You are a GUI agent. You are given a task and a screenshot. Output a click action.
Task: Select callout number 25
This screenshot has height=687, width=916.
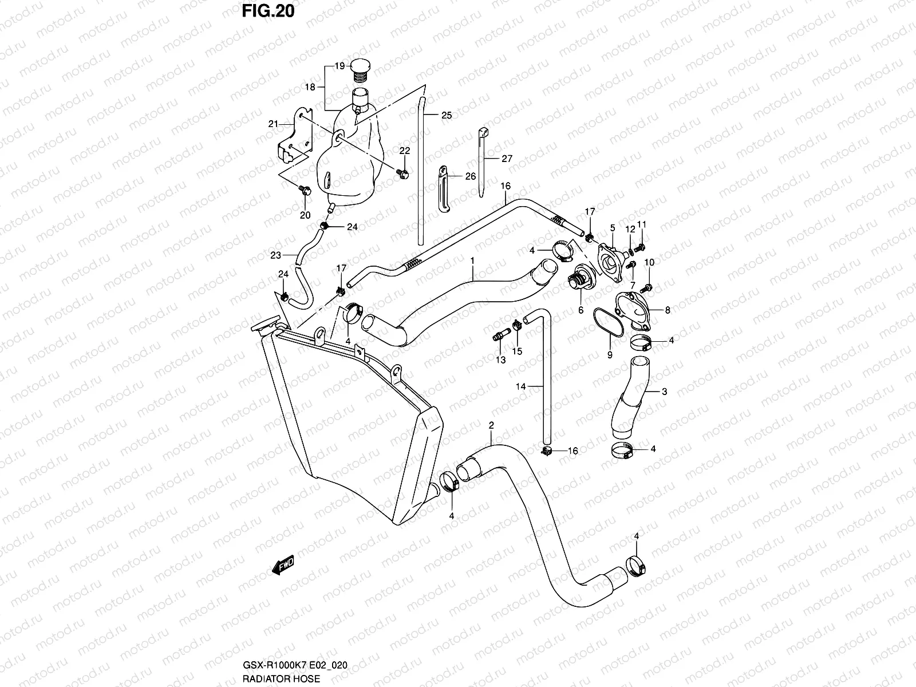tap(447, 115)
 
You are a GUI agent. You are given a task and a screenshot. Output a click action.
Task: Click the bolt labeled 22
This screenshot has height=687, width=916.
tap(403, 173)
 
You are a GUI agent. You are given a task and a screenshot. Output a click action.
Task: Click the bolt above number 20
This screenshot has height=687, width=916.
tap(304, 189)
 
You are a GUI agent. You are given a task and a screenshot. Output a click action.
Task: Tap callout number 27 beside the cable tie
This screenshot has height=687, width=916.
tap(507, 159)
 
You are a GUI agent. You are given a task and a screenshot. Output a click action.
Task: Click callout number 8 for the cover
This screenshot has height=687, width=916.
tap(668, 310)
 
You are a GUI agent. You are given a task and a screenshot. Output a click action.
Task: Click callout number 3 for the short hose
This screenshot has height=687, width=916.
tap(664, 392)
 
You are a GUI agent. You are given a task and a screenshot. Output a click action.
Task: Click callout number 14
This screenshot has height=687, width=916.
tap(520, 386)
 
